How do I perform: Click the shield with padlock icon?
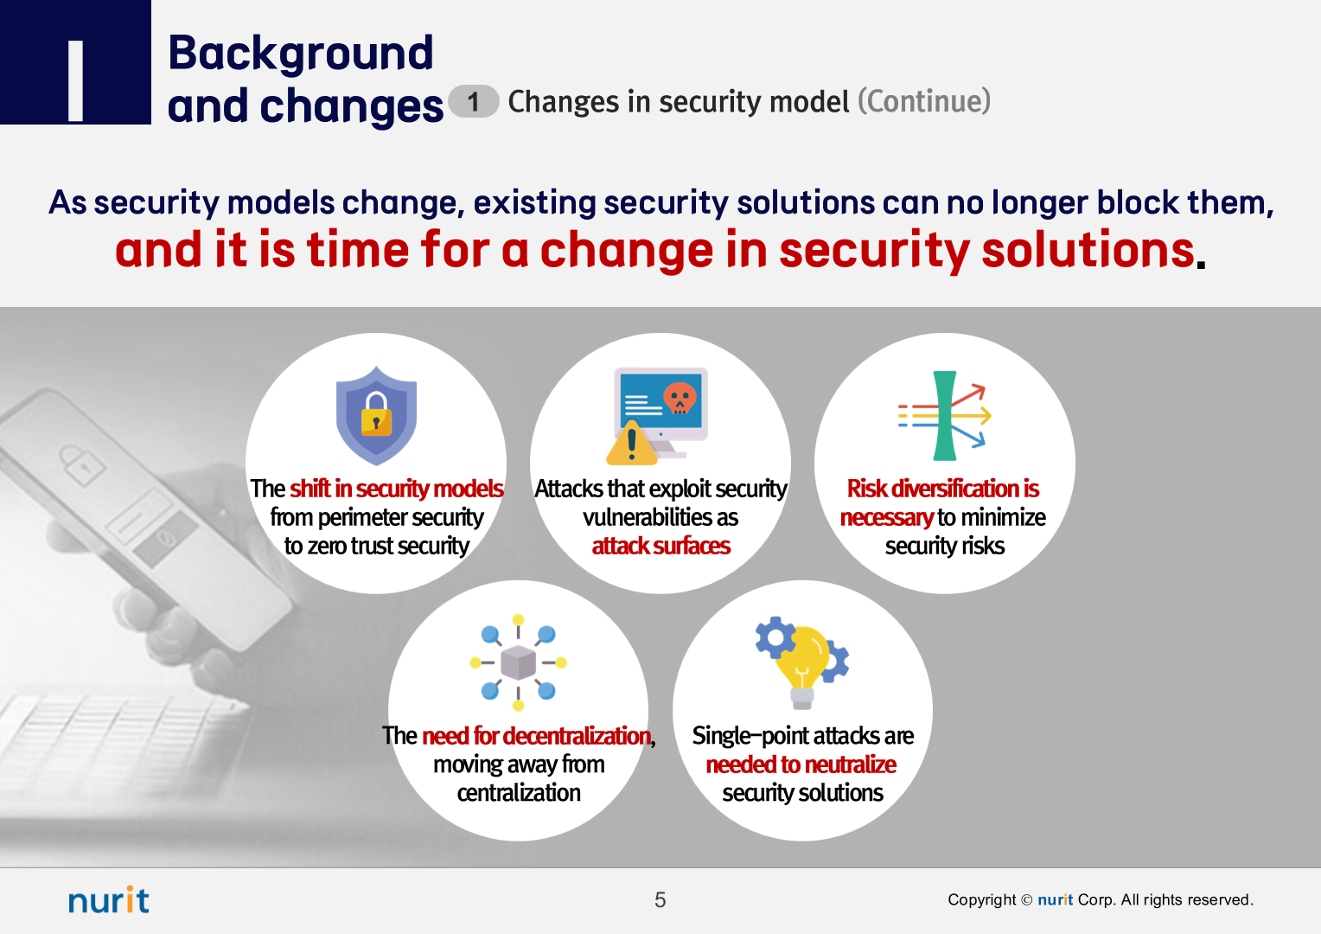point(376,415)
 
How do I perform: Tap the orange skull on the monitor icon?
point(680,398)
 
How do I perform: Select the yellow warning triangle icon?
point(632,443)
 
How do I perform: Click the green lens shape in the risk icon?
point(944,415)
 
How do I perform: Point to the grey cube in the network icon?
point(518,662)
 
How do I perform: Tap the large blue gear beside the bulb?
point(775,637)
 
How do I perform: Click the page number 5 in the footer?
point(660,899)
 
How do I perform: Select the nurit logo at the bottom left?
point(109,899)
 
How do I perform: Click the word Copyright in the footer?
point(981,899)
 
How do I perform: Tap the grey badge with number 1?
point(474,101)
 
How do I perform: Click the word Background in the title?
point(301,53)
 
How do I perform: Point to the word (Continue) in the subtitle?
point(924,101)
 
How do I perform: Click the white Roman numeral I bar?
point(75,80)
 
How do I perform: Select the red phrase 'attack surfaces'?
point(661,546)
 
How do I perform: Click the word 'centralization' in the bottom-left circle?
point(519,792)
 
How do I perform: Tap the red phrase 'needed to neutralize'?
point(801,764)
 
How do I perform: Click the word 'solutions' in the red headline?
point(1088,250)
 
